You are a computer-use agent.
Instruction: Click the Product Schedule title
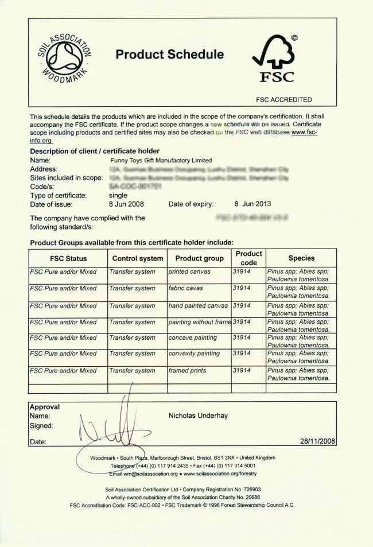[x=169, y=55]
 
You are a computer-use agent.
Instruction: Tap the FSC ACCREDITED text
[x=283, y=99]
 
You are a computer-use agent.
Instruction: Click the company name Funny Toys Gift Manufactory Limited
[x=161, y=160]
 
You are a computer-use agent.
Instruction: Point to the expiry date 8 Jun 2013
[x=253, y=204]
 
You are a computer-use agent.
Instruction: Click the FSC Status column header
[x=68, y=258]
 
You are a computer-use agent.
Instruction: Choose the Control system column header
[x=138, y=258]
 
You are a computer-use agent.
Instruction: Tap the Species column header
[x=301, y=258]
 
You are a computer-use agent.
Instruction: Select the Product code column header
[x=248, y=258]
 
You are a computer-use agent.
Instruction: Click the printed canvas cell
[x=190, y=271]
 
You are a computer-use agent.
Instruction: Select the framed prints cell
[x=187, y=371]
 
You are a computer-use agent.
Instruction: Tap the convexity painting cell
[x=194, y=354]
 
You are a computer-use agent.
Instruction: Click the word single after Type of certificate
[x=118, y=195]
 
